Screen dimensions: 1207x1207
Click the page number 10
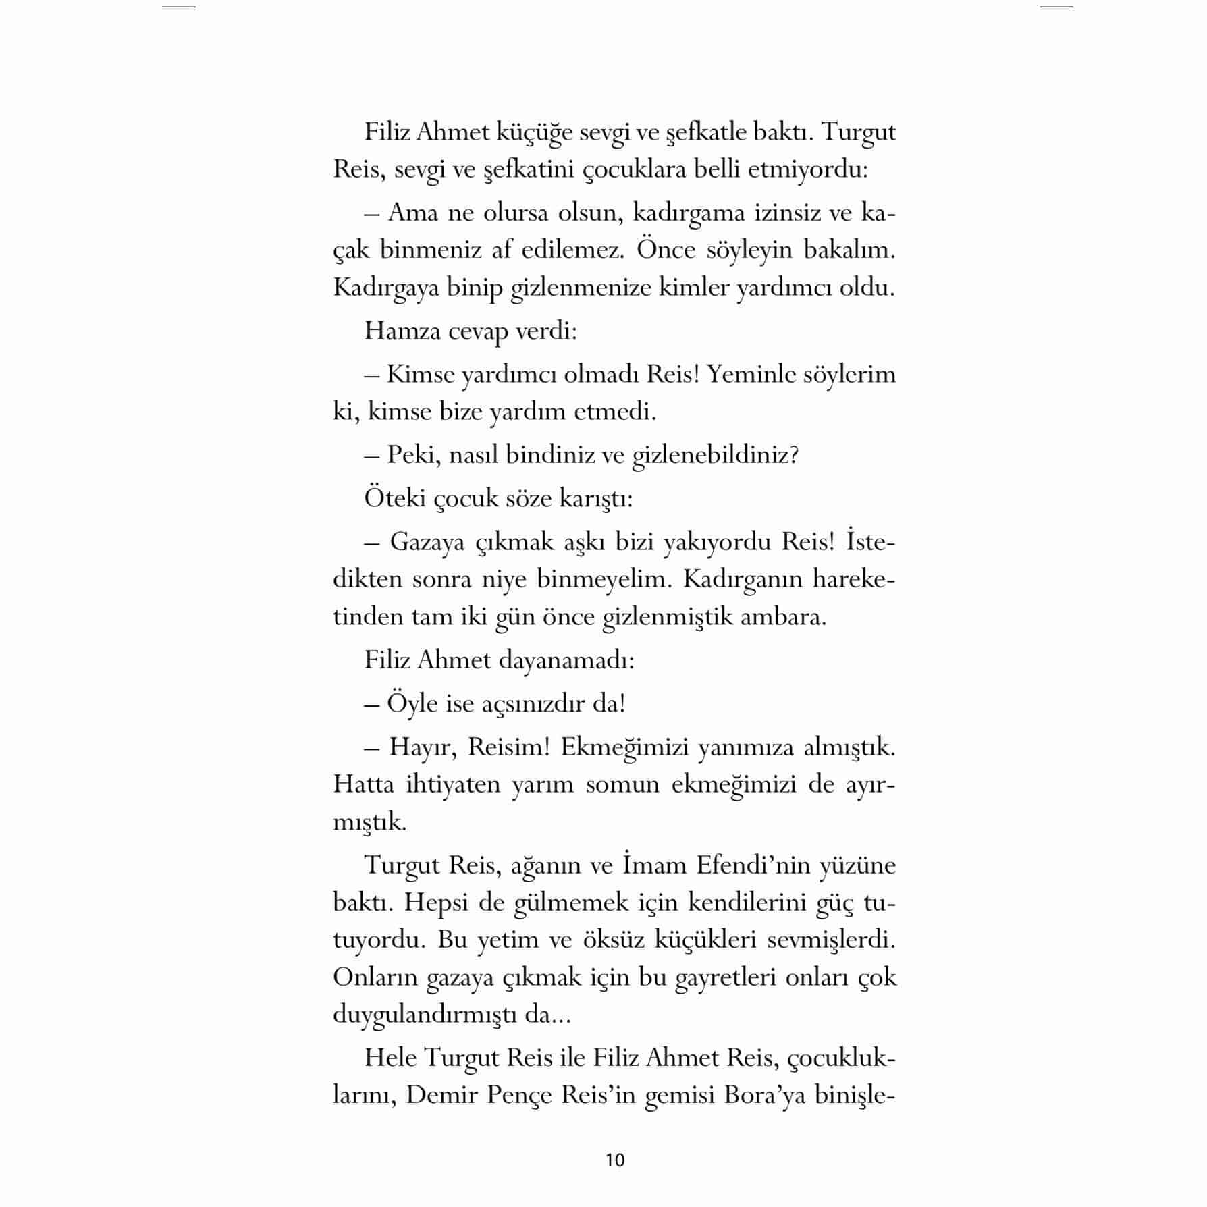(616, 1160)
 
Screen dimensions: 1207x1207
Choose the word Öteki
(395, 498)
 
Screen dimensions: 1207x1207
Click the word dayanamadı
(566, 660)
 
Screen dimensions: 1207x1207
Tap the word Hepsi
(436, 903)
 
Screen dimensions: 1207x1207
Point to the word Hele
(390, 1058)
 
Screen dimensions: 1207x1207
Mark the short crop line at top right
(1056, 7)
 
